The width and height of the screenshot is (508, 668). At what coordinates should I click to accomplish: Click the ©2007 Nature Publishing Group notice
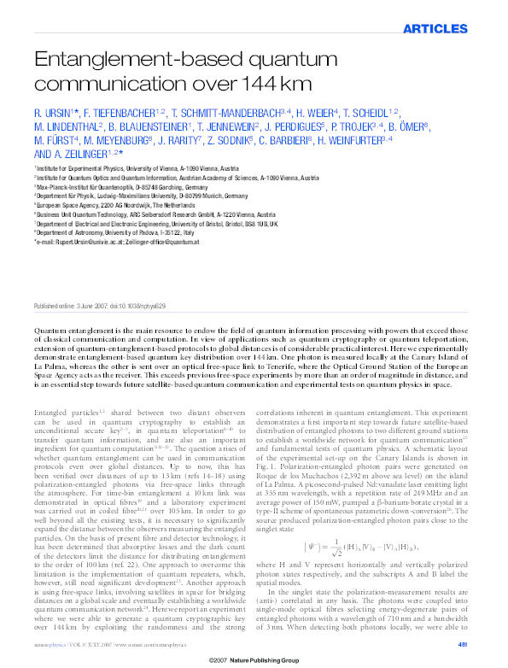click(254, 659)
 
